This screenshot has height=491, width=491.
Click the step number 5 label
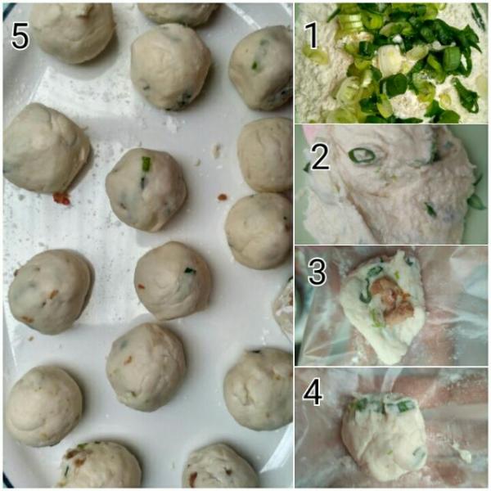pos(20,38)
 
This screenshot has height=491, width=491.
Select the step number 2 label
pos(320,156)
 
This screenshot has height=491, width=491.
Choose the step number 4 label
pos(313,393)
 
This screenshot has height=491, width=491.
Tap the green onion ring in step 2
pos(362,155)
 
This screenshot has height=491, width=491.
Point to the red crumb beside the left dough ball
pos(61,198)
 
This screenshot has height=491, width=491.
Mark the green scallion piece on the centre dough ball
pos(146,163)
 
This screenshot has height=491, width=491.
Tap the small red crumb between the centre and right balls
pos(223,197)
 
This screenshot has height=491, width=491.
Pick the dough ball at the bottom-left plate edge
pos(44,407)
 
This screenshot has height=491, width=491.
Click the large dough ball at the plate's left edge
pos(47,148)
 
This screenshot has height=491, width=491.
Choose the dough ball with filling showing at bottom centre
pos(101,466)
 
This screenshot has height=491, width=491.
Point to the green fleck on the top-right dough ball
pos(255,65)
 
